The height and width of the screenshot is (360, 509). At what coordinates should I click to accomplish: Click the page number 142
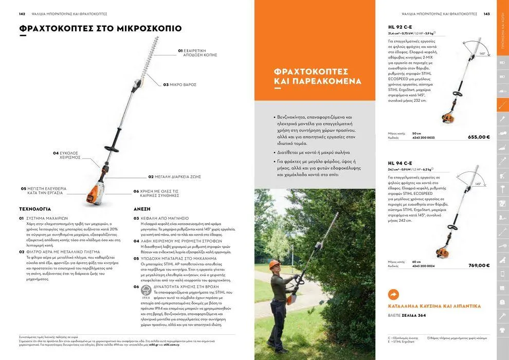[22, 14]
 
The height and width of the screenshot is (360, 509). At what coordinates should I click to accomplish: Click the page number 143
[486, 14]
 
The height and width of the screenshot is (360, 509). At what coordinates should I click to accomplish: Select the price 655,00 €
[479, 137]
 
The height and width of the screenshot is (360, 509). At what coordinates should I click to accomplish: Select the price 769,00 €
[479, 265]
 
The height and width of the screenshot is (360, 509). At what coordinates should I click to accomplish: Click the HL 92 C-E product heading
[400, 27]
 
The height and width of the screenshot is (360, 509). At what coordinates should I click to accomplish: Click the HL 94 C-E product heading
[400, 163]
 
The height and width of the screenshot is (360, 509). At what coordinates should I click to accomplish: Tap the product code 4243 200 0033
[423, 138]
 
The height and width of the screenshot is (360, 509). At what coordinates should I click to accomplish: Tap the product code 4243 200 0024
[423, 266]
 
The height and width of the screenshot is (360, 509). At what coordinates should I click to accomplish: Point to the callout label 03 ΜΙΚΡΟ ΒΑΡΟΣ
[179, 84]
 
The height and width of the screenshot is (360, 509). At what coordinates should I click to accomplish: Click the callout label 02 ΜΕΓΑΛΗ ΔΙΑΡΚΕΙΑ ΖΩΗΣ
[174, 176]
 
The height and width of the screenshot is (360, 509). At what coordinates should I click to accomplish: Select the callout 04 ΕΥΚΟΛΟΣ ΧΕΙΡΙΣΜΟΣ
[66, 155]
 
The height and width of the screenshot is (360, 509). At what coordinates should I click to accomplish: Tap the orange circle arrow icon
[393, 295]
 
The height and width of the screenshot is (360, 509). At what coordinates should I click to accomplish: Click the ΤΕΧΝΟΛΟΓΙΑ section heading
[35, 209]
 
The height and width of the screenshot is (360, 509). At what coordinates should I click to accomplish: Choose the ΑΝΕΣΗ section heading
[142, 209]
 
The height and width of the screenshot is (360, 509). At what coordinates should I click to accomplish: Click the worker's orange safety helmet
[275, 263]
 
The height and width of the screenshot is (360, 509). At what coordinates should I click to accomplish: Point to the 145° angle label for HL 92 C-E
[482, 53]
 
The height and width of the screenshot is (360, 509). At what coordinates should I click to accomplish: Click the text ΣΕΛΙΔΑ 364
[414, 315]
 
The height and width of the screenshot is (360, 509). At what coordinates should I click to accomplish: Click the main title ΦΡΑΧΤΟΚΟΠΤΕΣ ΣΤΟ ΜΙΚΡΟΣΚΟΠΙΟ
[100, 28]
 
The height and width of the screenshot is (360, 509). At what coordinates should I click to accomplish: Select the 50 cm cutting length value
[416, 133]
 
